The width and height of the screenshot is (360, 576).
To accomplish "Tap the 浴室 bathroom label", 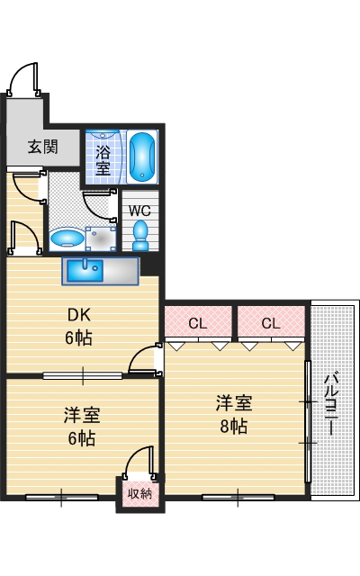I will (104, 158).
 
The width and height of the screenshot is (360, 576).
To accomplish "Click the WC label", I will (139, 211).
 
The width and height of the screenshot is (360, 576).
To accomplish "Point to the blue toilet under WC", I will (139, 236).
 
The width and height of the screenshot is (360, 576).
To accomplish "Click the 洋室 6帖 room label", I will (81, 427).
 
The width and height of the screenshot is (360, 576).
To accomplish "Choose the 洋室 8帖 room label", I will (232, 413).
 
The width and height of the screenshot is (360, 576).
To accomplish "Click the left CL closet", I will (198, 322).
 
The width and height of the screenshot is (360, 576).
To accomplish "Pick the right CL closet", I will (271, 322).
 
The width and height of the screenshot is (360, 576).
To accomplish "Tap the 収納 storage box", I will (139, 492).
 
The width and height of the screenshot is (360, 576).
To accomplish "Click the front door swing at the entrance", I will (22, 80).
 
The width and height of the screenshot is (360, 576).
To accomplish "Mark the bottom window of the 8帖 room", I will (238, 495).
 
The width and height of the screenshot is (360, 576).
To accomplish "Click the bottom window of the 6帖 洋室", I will (61, 495).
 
